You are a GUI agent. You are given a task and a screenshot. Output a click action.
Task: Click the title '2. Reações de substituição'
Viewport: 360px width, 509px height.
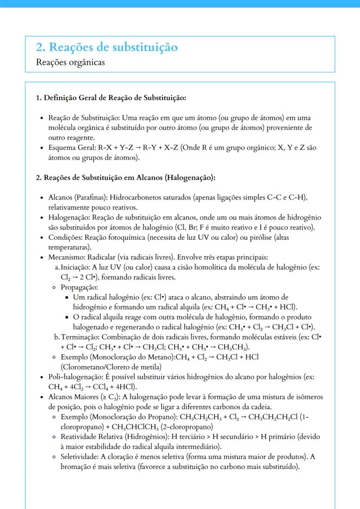[107, 47]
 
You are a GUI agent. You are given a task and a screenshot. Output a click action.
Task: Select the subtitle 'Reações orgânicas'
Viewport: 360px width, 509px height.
[71, 62]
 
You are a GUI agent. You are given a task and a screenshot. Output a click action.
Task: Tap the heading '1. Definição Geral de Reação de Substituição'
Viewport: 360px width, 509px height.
[111, 97]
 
